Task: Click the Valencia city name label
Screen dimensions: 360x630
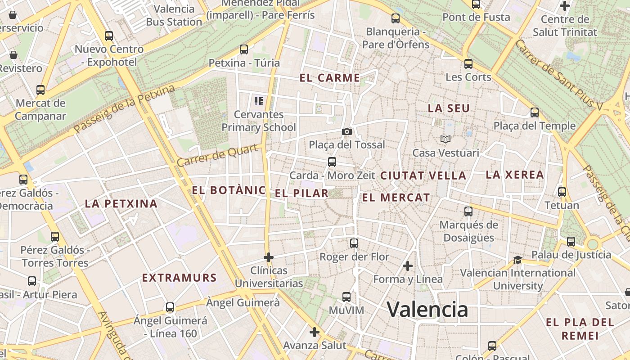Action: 427,310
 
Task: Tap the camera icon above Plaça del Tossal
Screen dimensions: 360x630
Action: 346,131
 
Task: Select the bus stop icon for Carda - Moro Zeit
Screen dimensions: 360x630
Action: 332,162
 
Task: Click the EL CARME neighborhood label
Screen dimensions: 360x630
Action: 330,78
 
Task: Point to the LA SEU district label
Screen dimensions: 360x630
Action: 449,108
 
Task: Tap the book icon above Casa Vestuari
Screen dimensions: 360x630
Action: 445,139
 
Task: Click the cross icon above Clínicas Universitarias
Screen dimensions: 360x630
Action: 269,257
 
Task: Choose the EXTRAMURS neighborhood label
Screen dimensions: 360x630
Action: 180,278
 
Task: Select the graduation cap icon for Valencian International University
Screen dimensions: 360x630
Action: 517,260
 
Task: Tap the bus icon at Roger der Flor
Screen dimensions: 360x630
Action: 354,243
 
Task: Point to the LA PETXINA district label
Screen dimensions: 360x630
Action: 121,204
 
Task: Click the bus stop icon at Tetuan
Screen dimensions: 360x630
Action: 562,192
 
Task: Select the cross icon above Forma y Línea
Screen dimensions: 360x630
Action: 408,266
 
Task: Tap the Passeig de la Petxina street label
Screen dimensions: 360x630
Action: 124,109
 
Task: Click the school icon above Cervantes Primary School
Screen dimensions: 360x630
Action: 258,101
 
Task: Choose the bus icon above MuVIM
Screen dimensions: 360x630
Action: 346,297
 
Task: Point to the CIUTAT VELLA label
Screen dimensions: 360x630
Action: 423,176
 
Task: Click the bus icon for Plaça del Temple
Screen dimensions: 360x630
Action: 535,112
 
